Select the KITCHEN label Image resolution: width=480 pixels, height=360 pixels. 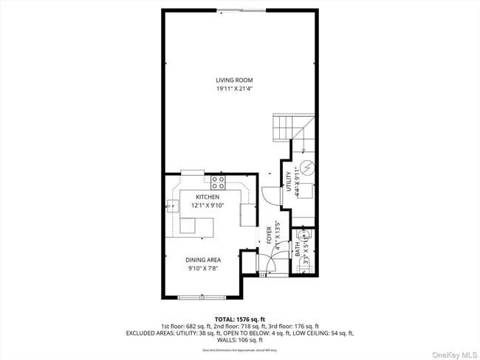pyautogui.click(x=208, y=197)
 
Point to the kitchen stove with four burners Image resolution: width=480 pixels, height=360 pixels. pyautogui.click(x=218, y=181)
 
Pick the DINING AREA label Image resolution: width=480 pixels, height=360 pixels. pyautogui.click(x=203, y=260)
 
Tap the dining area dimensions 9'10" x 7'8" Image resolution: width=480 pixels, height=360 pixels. pyautogui.click(x=203, y=269)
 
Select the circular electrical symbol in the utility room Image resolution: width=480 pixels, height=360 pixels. pyautogui.click(x=306, y=166)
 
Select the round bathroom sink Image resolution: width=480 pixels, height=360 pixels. pyautogui.click(x=310, y=235)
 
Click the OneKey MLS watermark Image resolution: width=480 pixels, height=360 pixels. pyautogui.click(x=450, y=353)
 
